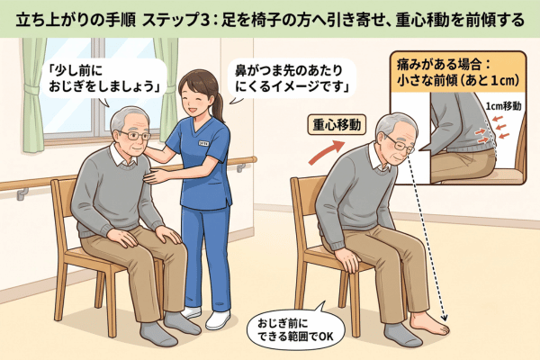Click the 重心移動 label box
pos(337,125)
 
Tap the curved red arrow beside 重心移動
pos(326,151)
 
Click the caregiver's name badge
pos(203,142)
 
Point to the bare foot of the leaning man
pos(429,323)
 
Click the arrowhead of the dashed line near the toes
pos(444,317)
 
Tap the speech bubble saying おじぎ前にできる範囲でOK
pos(295,329)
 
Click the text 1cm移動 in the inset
pos(503,106)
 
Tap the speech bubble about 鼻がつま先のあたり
pos(292,79)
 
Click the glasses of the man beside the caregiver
pos(134,135)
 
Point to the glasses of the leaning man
pos(400,145)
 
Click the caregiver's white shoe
pos(218,319)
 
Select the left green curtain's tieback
pos(32,90)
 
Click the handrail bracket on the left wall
pos(22,194)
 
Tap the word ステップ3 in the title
pos(175,20)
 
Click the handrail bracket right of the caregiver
pos(240,167)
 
